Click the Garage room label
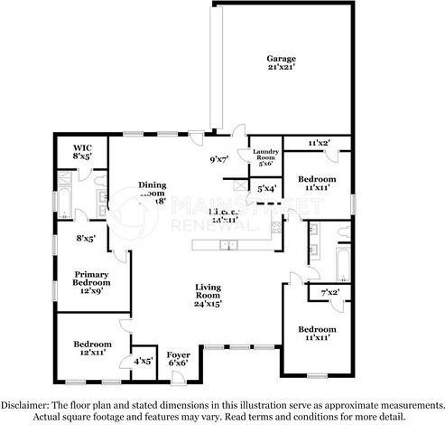coord(282,58)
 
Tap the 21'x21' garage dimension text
coord(282,68)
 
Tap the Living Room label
coord(209,292)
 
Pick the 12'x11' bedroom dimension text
coord(94,353)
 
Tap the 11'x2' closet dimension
coord(318,144)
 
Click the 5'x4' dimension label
coord(266,189)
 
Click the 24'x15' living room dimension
coord(209,302)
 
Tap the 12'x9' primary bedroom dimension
coord(92,292)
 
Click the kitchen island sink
coord(229,244)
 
